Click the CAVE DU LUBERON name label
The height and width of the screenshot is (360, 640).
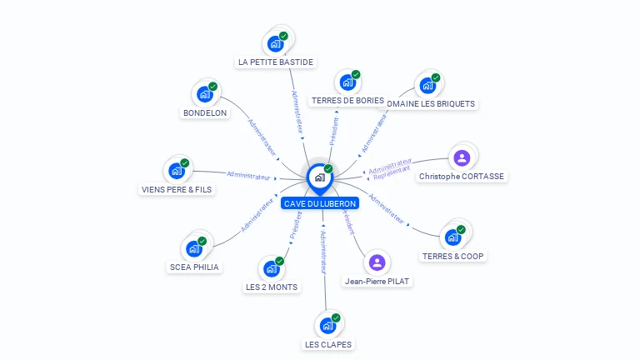coord(320,203)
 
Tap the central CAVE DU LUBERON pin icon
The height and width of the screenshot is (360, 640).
coord(319,177)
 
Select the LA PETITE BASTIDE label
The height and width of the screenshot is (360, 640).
coord(276,62)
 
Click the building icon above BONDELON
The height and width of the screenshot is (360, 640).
coord(204,94)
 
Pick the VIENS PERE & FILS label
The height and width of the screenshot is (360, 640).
coord(177,189)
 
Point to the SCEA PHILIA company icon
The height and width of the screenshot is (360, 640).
coord(193,248)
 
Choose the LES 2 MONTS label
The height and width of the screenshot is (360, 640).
coord(271,287)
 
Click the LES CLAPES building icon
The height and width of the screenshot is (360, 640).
coord(327,325)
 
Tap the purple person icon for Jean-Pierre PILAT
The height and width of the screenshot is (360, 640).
coord(377,262)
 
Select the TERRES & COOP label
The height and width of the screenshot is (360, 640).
coord(452,256)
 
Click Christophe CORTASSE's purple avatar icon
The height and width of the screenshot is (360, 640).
coord(462,157)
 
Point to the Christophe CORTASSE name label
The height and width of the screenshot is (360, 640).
coord(462,177)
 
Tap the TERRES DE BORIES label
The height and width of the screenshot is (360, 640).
coord(347,101)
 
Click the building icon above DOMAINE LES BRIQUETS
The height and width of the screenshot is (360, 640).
coord(427,85)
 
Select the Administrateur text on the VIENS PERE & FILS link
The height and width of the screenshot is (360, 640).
coord(249,175)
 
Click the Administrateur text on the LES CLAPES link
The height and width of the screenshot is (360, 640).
coord(323,252)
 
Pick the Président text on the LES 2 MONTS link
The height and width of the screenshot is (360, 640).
coord(295,225)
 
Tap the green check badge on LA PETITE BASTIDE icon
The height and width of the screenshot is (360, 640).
coord(283,36)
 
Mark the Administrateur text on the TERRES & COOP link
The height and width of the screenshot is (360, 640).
coord(386,210)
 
